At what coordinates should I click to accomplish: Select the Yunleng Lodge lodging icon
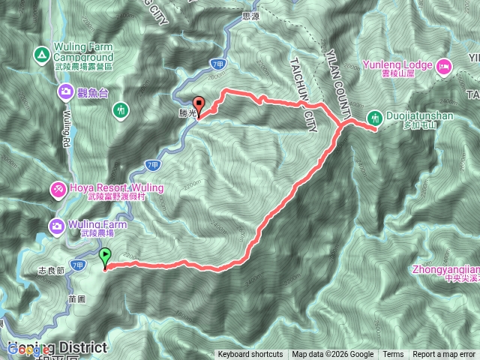point(443,66)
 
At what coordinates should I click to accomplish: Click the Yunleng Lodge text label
point(398,64)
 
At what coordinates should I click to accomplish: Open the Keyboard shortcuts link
point(250,355)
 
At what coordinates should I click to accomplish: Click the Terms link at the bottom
point(393,355)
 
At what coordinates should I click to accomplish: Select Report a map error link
point(443,355)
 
